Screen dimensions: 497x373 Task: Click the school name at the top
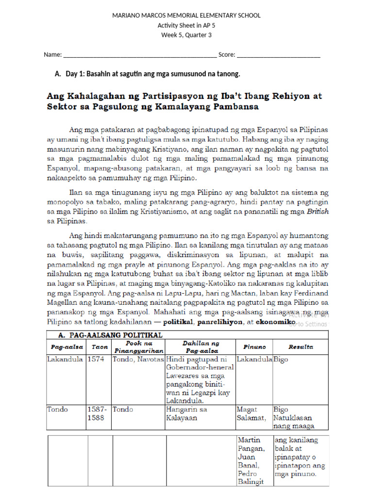coord(186,16)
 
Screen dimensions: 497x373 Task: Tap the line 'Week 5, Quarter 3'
coord(186,35)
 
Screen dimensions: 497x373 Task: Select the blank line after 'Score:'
coord(278,55)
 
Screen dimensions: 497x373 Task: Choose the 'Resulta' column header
coord(301,347)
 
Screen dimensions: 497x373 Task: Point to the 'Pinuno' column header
coord(254,347)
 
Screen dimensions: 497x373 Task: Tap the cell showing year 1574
coord(96,360)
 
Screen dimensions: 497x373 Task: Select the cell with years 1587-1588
coord(96,414)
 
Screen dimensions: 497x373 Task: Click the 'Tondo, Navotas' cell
coord(138,360)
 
